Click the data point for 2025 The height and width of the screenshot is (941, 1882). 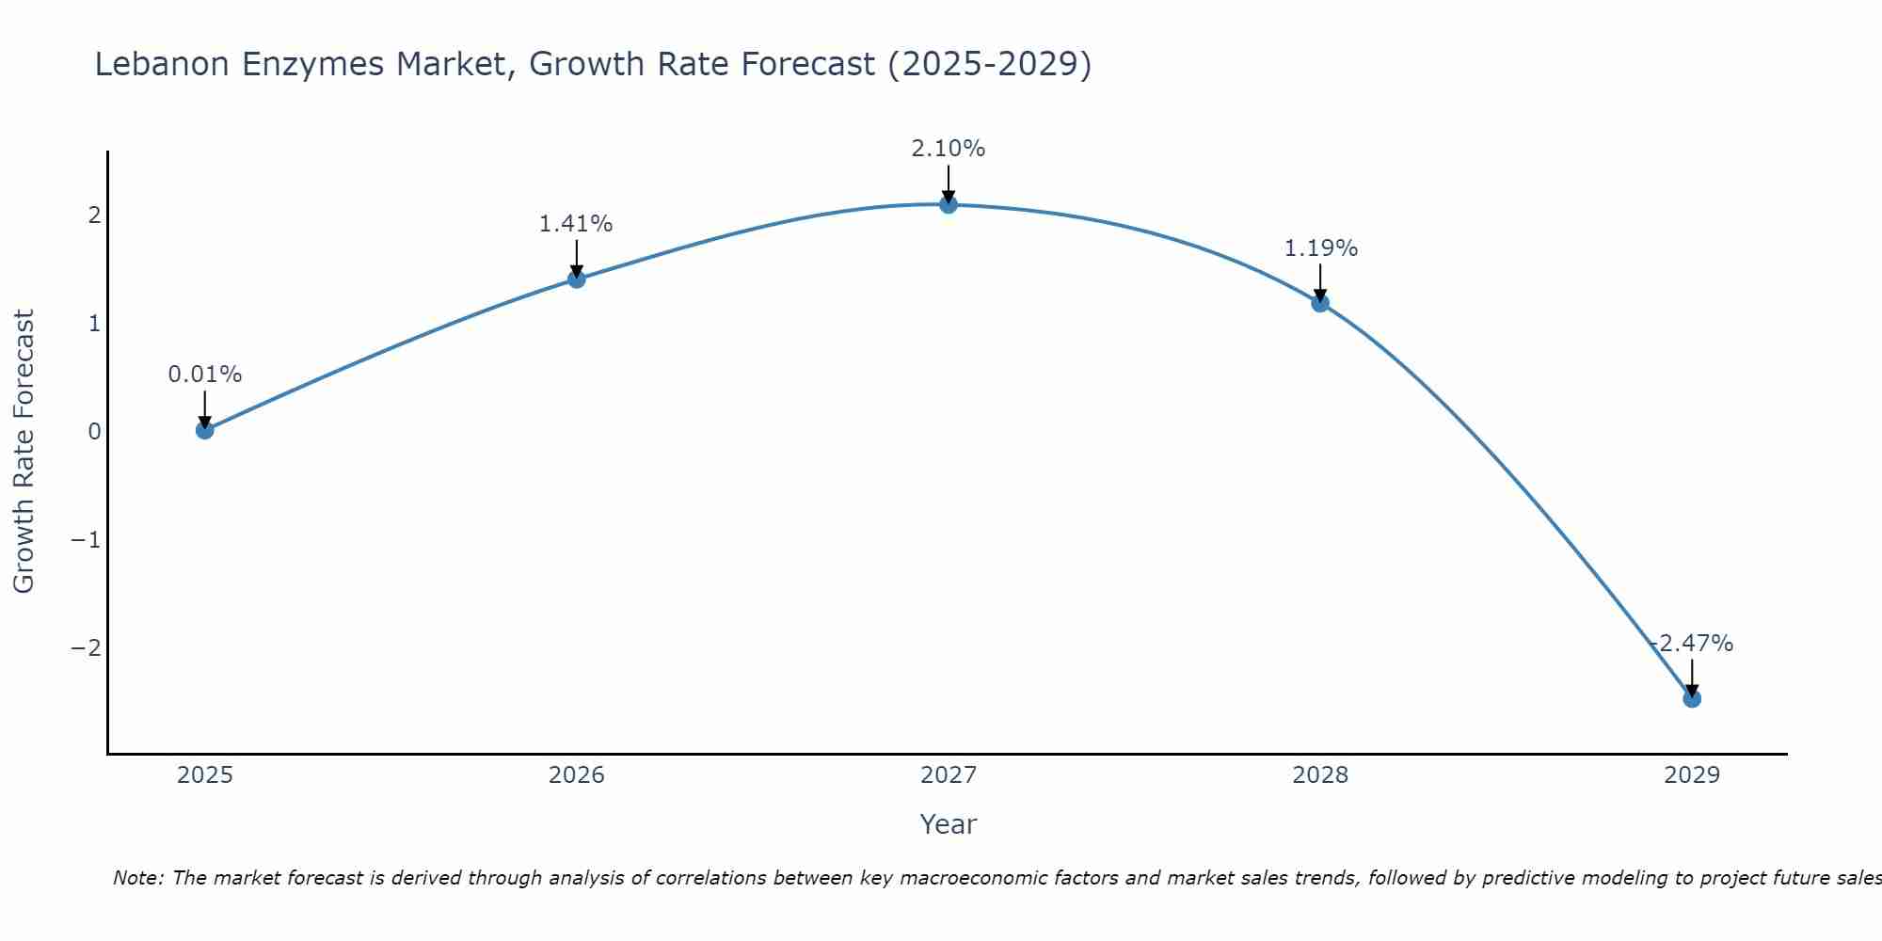(x=205, y=430)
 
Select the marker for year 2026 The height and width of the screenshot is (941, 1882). (x=577, y=279)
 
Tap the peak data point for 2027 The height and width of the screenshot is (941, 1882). (x=949, y=204)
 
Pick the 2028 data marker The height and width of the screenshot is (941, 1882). (x=1320, y=303)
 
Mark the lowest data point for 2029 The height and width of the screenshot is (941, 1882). (x=1692, y=698)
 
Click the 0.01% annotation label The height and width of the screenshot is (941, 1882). (x=205, y=375)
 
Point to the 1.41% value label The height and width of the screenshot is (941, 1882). (x=576, y=224)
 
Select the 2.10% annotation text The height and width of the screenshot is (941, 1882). (x=948, y=149)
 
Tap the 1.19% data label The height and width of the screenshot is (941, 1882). (x=1320, y=248)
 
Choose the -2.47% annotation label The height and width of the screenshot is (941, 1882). (x=1692, y=644)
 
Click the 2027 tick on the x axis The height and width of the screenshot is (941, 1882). (x=949, y=775)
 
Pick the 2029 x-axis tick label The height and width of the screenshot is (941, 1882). (x=1692, y=775)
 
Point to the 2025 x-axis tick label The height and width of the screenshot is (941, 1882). (x=205, y=775)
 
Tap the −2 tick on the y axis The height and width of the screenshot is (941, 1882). (x=86, y=647)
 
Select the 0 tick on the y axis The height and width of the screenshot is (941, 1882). (x=94, y=432)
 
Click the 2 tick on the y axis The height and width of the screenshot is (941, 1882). (x=94, y=215)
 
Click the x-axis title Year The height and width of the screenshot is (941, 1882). (x=949, y=824)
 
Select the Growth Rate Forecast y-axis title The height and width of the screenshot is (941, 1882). (x=24, y=451)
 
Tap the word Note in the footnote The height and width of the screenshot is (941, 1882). (x=137, y=878)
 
